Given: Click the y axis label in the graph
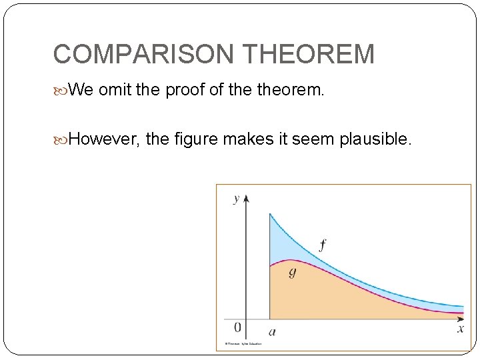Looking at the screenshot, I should coord(236,199).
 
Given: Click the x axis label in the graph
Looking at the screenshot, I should coord(460,329).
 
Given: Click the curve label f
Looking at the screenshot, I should coord(323,245).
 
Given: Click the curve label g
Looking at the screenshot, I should coord(293,272).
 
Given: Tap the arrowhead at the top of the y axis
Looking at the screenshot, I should coord(246,197).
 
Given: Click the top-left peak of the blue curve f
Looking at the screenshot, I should coord(269,214).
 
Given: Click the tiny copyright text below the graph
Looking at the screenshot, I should coord(243,344).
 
